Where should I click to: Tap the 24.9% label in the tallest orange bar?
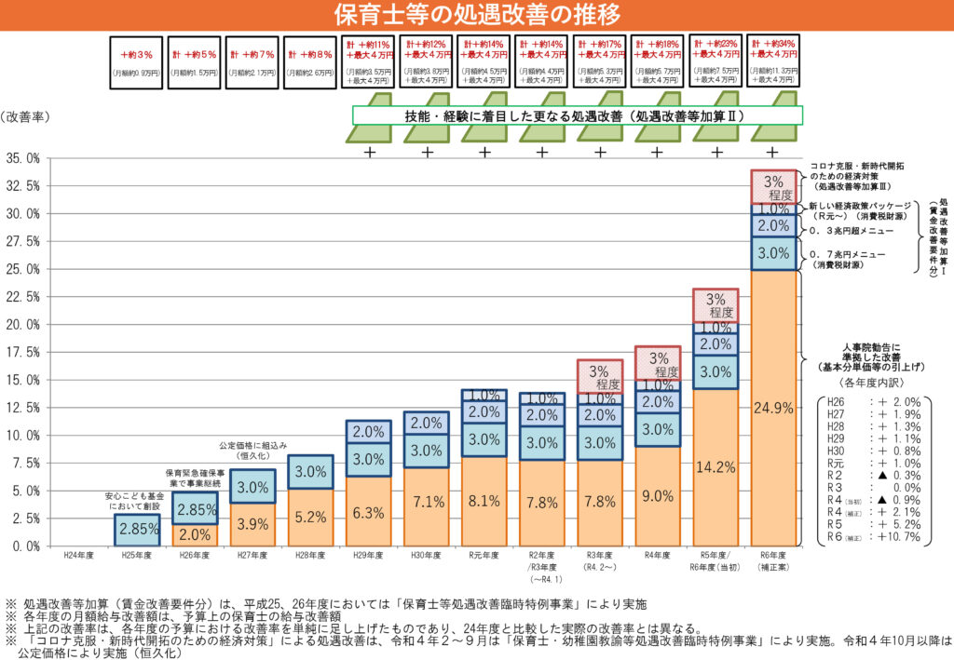773,407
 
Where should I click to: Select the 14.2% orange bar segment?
715,467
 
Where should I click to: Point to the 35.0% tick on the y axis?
24,158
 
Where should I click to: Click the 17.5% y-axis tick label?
24,352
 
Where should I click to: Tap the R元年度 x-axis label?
484,556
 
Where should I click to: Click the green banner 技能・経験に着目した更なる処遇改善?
578,116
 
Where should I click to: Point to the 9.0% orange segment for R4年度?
658,496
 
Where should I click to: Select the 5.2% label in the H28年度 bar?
310,518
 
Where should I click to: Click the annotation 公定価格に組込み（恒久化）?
252,451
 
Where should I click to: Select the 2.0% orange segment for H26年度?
195,534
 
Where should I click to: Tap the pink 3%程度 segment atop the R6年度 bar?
773,187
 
